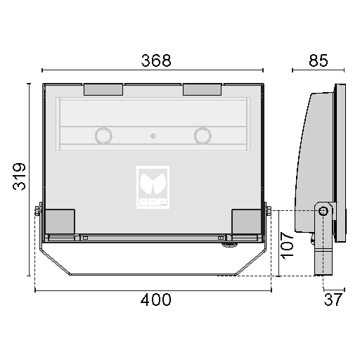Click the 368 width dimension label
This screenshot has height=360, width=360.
point(156,60)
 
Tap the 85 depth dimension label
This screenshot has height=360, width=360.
point(319,60)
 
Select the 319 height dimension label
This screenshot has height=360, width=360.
point(19,176)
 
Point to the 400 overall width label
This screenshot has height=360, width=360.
point(156,300)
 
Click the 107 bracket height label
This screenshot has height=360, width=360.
point(287,245)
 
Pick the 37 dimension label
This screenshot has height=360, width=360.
point(333,300)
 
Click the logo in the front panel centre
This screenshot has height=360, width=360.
point(153,187)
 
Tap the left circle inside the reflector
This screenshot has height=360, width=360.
point(103,136)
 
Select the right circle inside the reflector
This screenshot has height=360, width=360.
point(202,136)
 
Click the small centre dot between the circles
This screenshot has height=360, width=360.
point(153,136)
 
